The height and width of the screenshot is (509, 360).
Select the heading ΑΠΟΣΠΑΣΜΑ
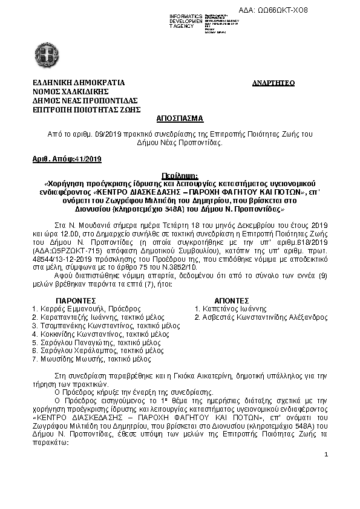180,119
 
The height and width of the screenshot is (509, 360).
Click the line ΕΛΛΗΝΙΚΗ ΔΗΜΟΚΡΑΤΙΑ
79,82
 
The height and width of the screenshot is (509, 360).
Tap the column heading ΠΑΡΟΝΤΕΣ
76,300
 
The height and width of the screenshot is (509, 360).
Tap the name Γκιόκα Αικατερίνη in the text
196,376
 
